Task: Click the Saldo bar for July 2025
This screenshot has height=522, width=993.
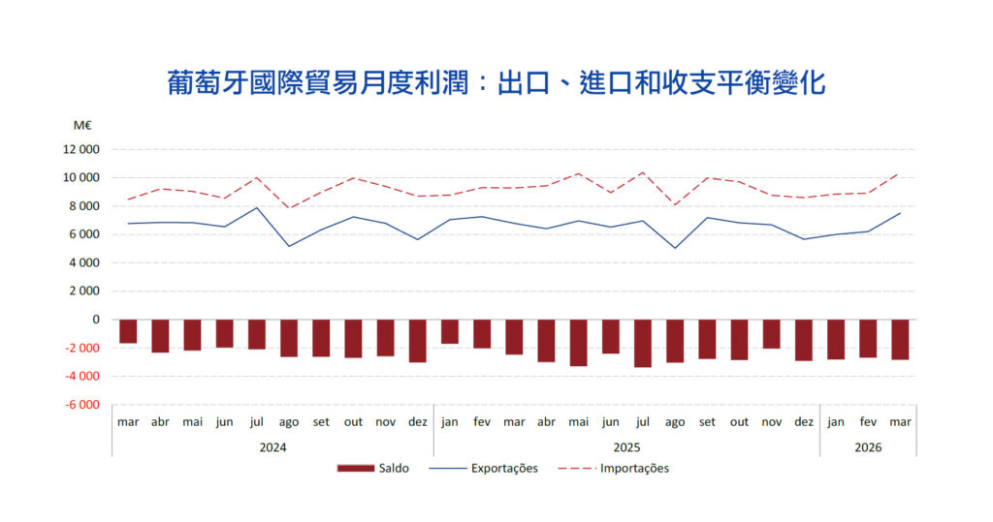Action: pyautogui.click(x=643, y=344)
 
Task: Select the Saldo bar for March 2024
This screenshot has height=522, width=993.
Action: pyautogui.click(x=128, y=331)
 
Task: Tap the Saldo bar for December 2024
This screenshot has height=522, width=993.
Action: pyautogui.click(x=417, y=341)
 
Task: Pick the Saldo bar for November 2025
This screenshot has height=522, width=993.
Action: pyautogui.click(x=771, y=334)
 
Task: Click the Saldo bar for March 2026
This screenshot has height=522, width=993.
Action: pyautogui.click(x=900, y=340)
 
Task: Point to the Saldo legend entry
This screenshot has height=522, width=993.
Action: pyautogui.click(x=373, y=468)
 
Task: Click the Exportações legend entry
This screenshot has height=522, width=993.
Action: pyautogui.click(x=483, y=468)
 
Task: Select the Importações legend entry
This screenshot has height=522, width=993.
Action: pyautogui.click(x=613, y=468)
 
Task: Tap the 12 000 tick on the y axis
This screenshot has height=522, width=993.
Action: pyautogui.click(x=81, y=149)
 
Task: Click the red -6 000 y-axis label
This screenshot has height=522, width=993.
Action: pyautogui.click(x=81, y=404)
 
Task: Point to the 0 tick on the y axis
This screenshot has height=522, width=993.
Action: pyautogui.click(x=96, y=320)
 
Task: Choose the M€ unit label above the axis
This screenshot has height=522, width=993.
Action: pyautogui.click(x=82, y=125)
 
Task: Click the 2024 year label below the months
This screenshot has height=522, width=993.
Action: pyautogui.click(x=272, y=447)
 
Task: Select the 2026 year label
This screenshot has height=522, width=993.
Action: pyautogui.click(x=868, y=447)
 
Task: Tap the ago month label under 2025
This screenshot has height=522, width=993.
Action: pyautogui.click(x=675, y=422)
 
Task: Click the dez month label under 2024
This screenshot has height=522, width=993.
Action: pyautogui.click(x=417, y=422)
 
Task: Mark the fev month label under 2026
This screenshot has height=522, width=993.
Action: pyautogui.click(x=868, y=422)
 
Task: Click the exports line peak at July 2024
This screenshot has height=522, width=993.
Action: pyautogui.click(x=256, y=207)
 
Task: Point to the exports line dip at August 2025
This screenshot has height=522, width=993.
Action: pyautogui.click(x=675, y=248)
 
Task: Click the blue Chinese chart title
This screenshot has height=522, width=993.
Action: pyautogui.click(x=496, y=83)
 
